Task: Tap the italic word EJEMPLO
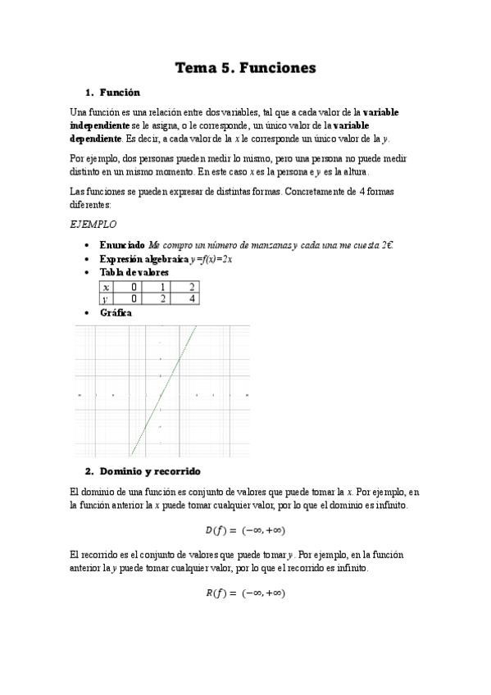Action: (93, 224)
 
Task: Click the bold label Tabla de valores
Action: (134, 271)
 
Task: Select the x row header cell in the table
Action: (107, 287)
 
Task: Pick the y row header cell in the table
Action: (107, 299)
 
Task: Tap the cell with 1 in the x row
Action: (163, 287)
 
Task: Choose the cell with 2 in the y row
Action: (163, 299)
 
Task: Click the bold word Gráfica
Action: (116, 312)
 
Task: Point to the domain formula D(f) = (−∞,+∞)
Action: (245, 530)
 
